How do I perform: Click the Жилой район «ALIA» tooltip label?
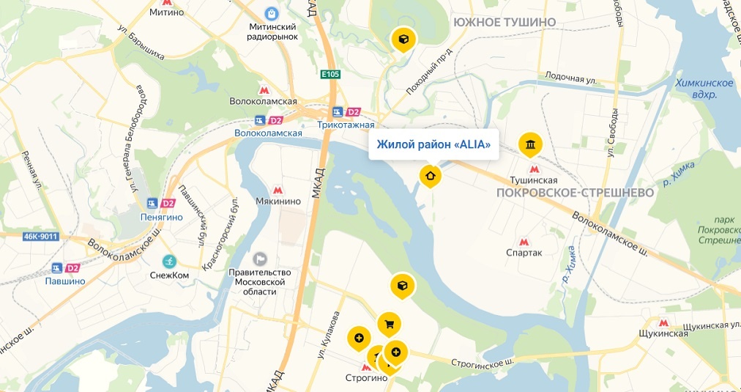point(433,144)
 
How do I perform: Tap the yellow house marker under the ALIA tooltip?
point(430,175)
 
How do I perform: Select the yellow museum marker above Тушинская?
point(529,144)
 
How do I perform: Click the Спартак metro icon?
point(524,242)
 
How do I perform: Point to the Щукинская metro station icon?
point(663,322)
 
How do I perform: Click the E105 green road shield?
point(331,74)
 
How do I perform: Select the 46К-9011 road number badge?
point(40,236)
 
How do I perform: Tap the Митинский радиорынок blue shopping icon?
point(272,13)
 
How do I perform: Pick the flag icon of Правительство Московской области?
point(260,259)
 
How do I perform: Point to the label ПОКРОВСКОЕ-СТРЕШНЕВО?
point(574,193)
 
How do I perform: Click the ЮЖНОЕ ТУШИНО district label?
point(504,22)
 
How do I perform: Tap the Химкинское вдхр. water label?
point(704,89)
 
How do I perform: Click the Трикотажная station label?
point(341,125)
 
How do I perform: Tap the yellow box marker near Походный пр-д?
point(403,39)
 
